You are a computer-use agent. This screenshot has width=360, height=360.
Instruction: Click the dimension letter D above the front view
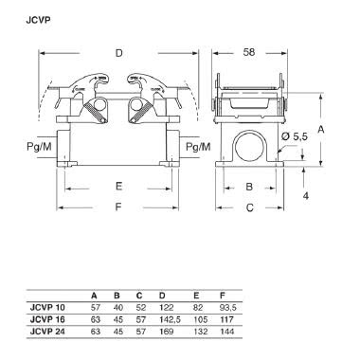tap(118, 53)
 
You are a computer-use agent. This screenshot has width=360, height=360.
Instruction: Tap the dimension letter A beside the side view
tap(322, 127)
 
